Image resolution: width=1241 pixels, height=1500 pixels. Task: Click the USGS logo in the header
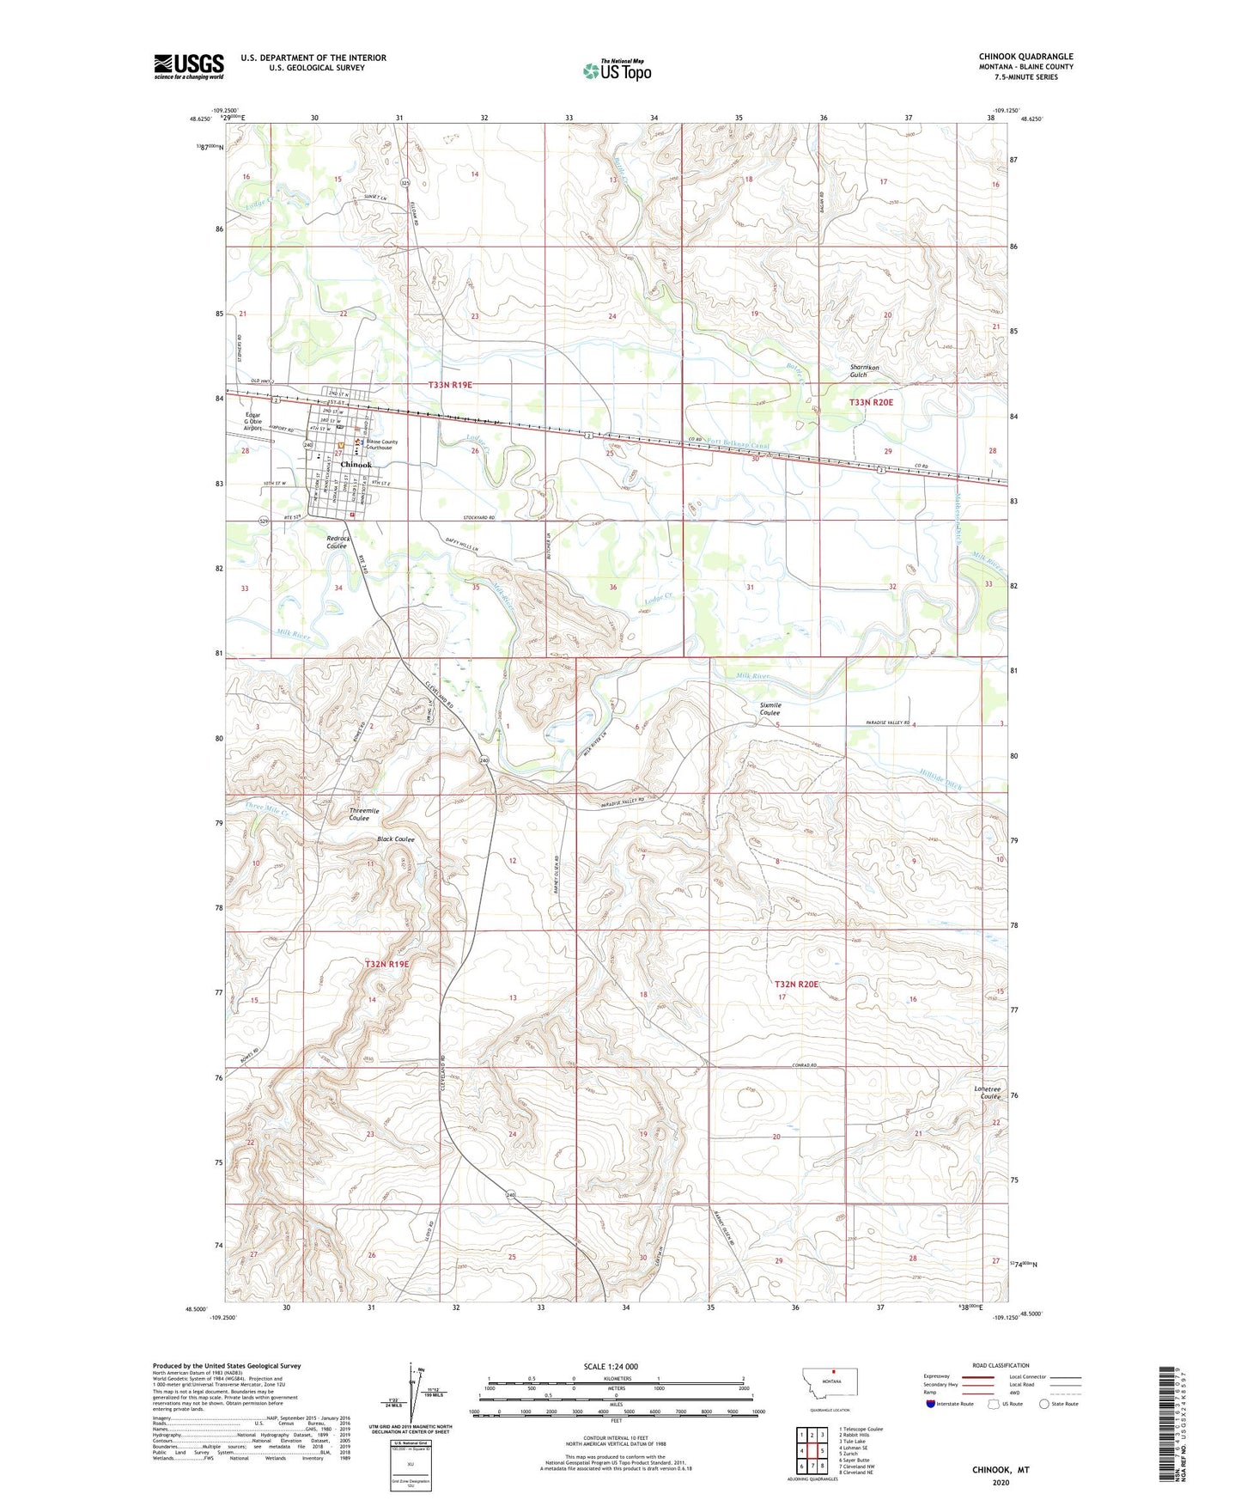pos(188,66)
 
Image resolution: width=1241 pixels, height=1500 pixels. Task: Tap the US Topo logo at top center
pos(617,70)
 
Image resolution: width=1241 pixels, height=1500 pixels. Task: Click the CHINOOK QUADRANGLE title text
pos(1025,57)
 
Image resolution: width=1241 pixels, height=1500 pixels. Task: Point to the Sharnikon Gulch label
pos(864,371)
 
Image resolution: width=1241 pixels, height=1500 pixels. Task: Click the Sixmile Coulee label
pos(770,709)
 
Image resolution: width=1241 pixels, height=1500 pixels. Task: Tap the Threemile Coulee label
pos(364,814)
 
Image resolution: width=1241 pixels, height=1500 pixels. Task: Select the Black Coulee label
pos(396,839)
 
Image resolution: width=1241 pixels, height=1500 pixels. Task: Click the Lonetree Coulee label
pos(987,1093)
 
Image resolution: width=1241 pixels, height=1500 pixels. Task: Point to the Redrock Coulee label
pos(337,542)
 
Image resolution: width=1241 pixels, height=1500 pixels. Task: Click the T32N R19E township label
pos(387,964)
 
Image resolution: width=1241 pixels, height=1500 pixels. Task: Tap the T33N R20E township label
pos(871,402)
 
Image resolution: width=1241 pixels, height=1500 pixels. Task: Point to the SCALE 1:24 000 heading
pos(611,1366)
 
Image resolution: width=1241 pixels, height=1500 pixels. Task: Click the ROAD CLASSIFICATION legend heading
pos(1001,1365)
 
